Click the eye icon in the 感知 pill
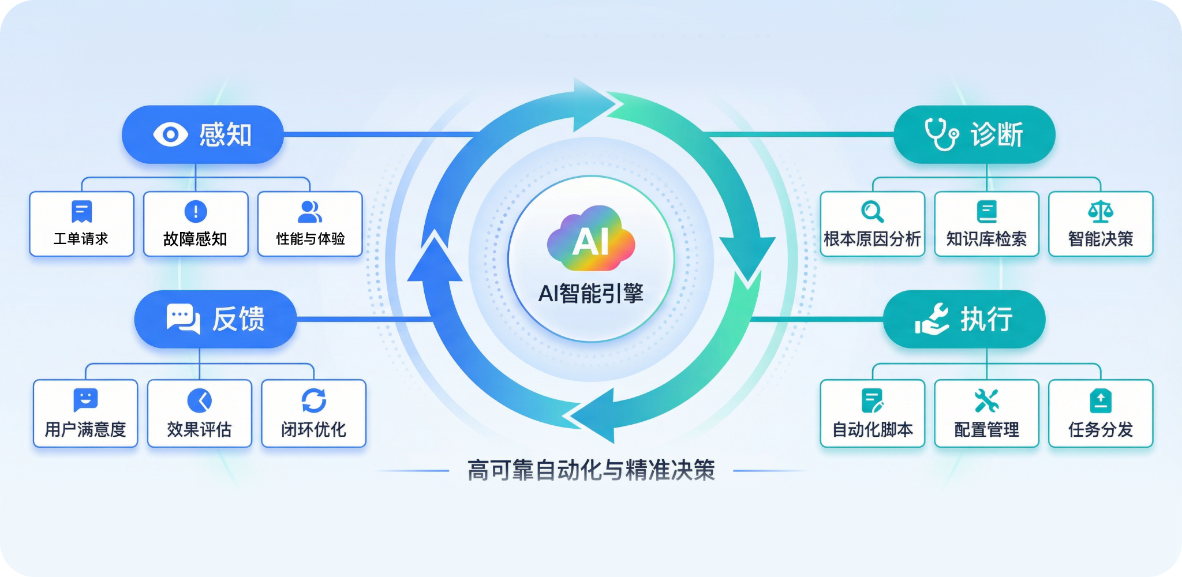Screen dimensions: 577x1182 (x=170, y=134)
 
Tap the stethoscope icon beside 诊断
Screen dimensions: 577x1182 (x=941, y=134)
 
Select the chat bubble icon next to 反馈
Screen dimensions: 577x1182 (x=183, y=319)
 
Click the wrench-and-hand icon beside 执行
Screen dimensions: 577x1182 (x=932, y=319)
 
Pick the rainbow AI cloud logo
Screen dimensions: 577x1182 (x=590, y=239)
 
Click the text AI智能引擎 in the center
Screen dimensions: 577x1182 (x=590, y=294)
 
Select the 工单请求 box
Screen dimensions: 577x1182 (x=81, y=224)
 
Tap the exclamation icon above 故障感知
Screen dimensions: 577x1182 (x=196, y=211)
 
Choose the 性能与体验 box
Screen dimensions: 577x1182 (x=310, y=224)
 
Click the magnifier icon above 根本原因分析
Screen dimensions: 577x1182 (x=872, y=211)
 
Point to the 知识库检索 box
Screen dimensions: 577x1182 (x=986, y=224)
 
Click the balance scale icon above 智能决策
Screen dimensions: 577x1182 (x=1100, y=211)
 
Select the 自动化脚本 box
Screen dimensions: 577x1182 (x=872, y=413)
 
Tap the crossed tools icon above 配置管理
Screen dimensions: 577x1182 (x=986, y=400)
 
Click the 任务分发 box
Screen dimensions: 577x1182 (x=1100, y=413)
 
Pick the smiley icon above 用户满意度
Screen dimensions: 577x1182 (x=85, y=399)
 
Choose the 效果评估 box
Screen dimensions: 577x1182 (x=199, y=413)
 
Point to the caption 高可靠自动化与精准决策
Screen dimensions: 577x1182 (x=590, y=470)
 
